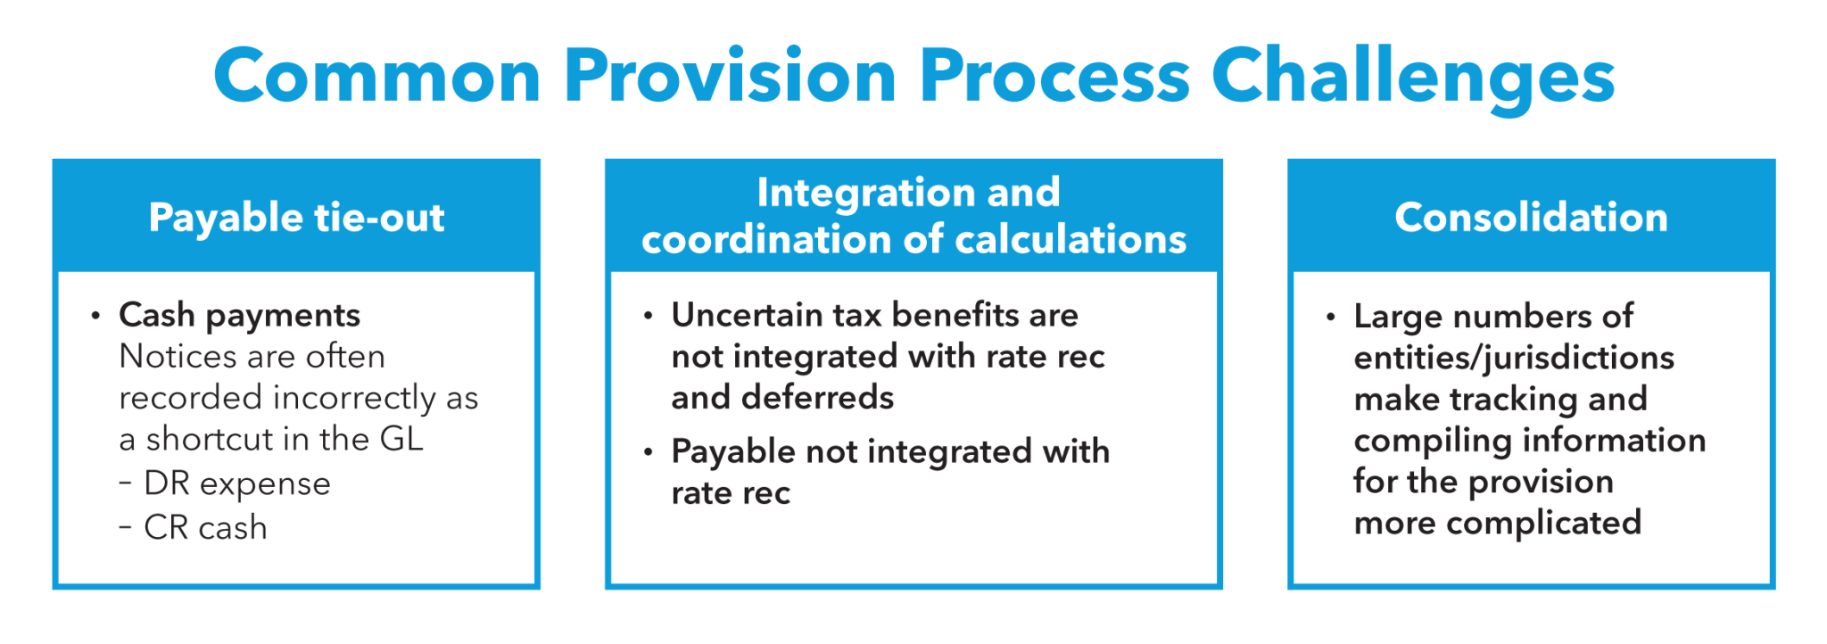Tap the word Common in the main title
376,77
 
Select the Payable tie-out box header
296,218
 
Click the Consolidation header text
1531,218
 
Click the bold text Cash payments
239,315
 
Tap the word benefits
955,315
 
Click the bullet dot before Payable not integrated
649,452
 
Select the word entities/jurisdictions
1514,358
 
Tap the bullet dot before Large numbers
1330,317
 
